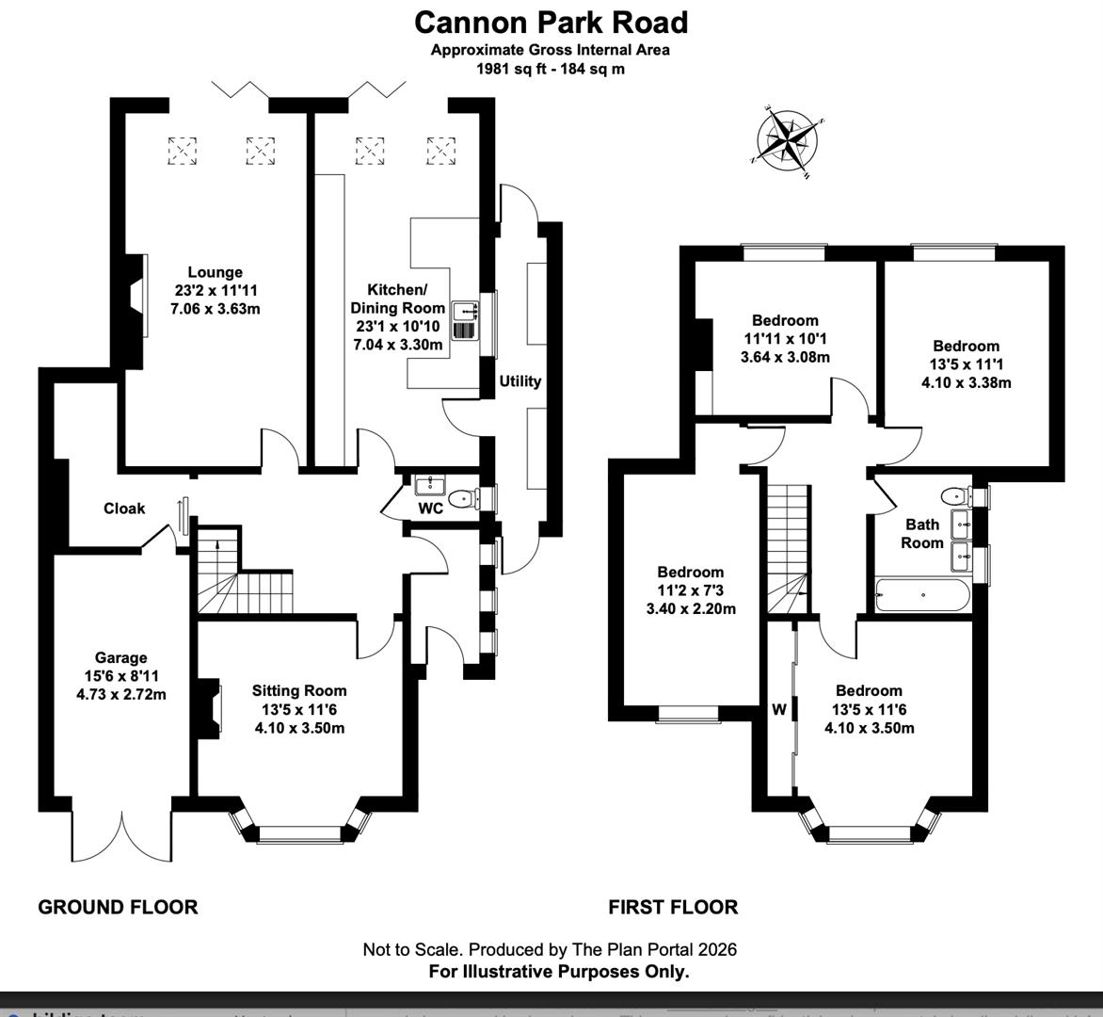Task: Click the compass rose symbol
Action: [x=789, y=141]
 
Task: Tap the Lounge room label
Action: [x=215, y=273]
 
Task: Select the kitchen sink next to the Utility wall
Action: [x=466, y=320]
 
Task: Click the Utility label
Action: [x=520, y=381]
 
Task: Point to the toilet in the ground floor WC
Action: [x=461, y=498]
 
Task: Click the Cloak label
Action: [x=124, y=508]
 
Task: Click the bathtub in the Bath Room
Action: [x=921, y=595]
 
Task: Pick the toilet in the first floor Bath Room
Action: [x=954, y=494]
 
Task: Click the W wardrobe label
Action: [x=778, y=710]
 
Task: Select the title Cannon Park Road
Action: [x=551, y=22]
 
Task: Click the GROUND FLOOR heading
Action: [x=118, y=907]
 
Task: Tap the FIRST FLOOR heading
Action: [x=673, y=907]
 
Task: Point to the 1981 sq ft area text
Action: [x=551, y=68]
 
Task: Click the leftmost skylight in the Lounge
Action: [x=183, y=151]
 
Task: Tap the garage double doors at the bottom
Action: [x=122, y=833]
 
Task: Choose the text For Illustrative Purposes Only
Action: [x=559, y=971]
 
